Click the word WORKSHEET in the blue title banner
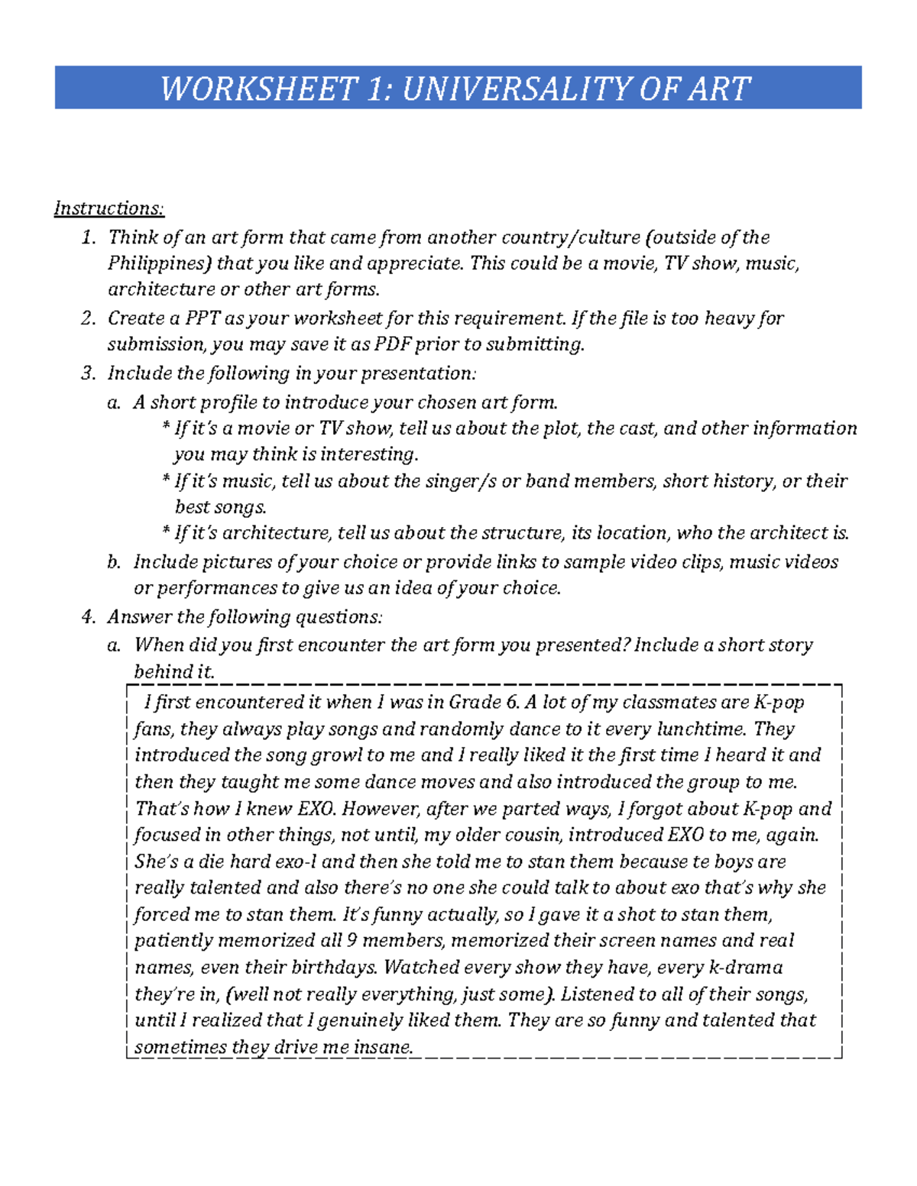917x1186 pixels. click(259, 89)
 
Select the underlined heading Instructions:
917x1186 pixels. click(109, 208)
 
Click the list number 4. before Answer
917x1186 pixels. click(89, 617)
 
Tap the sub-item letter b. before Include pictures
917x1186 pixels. click(114, 562)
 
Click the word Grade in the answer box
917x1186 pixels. click(475, 703)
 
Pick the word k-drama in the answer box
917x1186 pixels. click(746, 968)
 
